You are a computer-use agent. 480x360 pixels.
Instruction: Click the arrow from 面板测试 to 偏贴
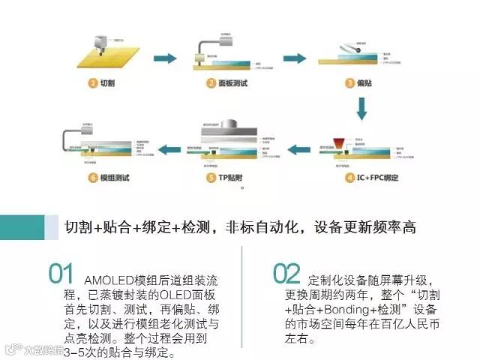(293, 58)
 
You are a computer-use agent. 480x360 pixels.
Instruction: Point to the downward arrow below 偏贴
(361, 110)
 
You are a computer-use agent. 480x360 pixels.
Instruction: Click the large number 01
(61, 274)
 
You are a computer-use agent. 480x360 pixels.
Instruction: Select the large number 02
(286, 274)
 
